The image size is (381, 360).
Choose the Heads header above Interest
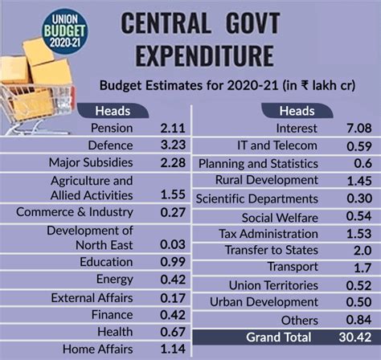tap(297, 111)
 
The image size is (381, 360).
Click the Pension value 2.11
tap(172, 128)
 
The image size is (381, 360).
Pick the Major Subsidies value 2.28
tap(172, 162)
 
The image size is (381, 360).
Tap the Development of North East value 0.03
tap(172, 244)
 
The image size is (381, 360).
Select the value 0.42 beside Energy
tap(172, 279)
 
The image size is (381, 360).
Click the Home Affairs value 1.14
tap(172, 350)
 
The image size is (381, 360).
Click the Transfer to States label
tap(272, 249)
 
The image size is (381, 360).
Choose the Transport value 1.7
tap(363, 267)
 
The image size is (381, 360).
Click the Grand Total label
tap(279, 337)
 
